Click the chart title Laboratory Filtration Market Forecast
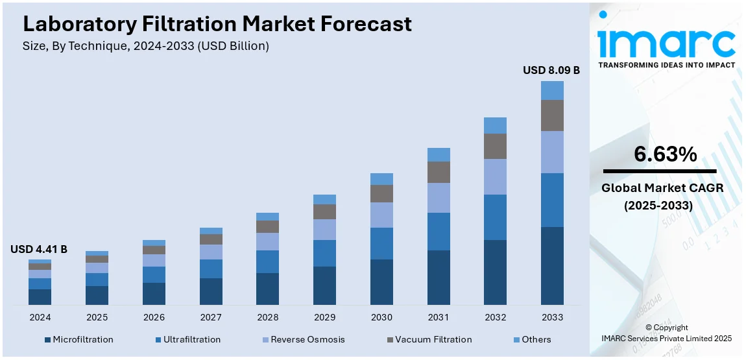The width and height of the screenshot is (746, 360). (x=217, y=24)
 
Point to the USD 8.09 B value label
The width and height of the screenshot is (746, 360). (x=551, y=70)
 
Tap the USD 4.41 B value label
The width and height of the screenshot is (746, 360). (x=39, y=249)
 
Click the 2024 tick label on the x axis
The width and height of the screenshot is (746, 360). (x=40, y=317)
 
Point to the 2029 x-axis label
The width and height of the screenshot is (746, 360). (x=324, y=317)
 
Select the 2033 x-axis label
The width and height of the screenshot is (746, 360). (x=552, y=317)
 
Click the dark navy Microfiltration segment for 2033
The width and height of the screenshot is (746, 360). (x=552, y=265)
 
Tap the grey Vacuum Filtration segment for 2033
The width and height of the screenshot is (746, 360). (x=552, y=115)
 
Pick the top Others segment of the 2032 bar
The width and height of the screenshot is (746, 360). (x=495, y=125)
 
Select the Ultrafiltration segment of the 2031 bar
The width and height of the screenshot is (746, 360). (x=439, y=232)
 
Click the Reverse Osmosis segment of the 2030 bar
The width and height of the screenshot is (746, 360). (x=381, y=215)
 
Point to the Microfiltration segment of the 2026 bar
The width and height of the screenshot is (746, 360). (x=154, y=293)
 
